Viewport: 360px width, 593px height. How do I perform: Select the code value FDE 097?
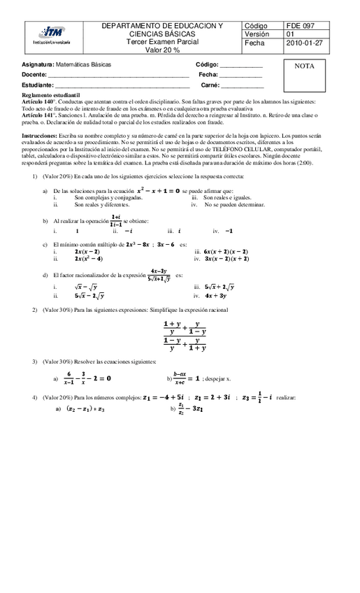tap(301, 25)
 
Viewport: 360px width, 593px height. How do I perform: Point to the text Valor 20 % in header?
tap(162, 50)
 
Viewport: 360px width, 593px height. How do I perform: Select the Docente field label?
tap(34, 74)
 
